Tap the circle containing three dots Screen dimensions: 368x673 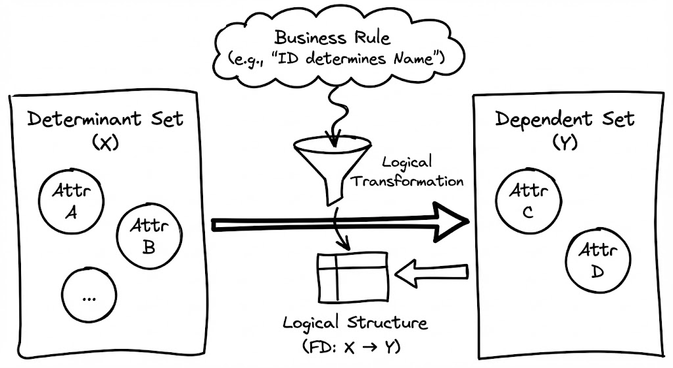89,294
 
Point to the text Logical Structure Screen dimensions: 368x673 355,323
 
